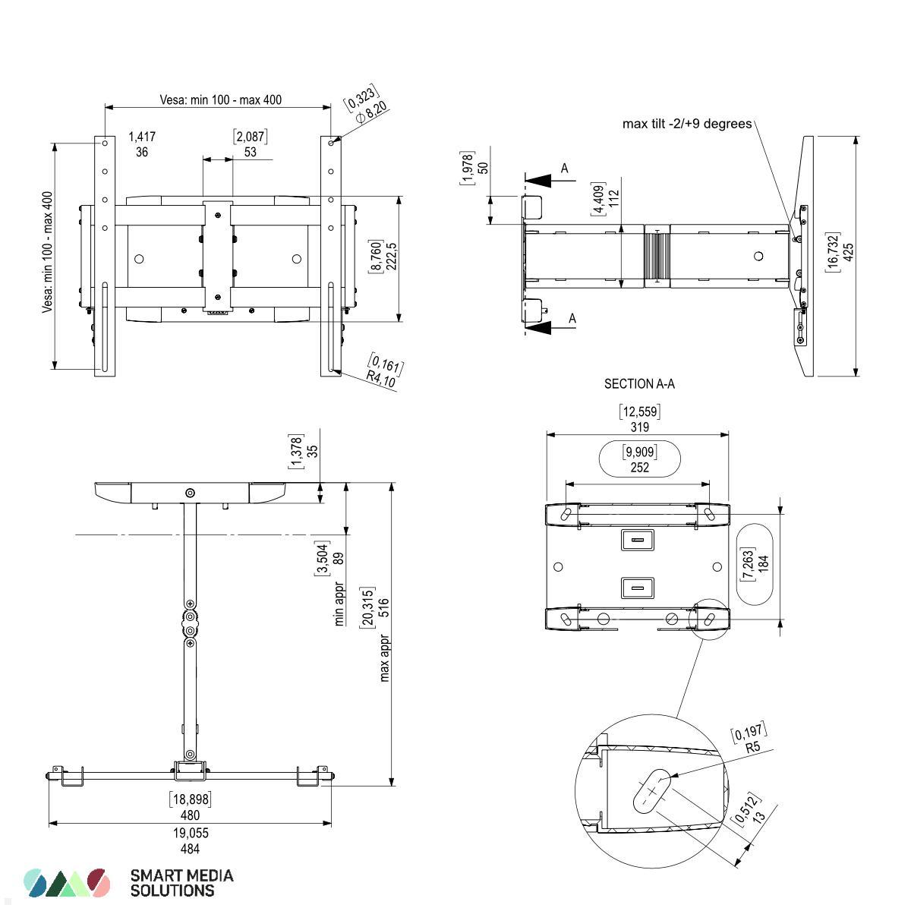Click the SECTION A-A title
point(639,384)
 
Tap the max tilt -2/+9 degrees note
point(686,124)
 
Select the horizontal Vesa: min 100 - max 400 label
point(220,99)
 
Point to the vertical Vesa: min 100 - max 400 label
point(48,252)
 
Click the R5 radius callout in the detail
point(753,747)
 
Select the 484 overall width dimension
point(190,849)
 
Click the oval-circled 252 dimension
point(640,468)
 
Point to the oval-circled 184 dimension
point(764,563)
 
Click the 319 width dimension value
point(640,427)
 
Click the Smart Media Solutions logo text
point(181,883)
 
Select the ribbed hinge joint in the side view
point(657,257)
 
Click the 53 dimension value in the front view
point(250,152)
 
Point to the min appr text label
point(339,604)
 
